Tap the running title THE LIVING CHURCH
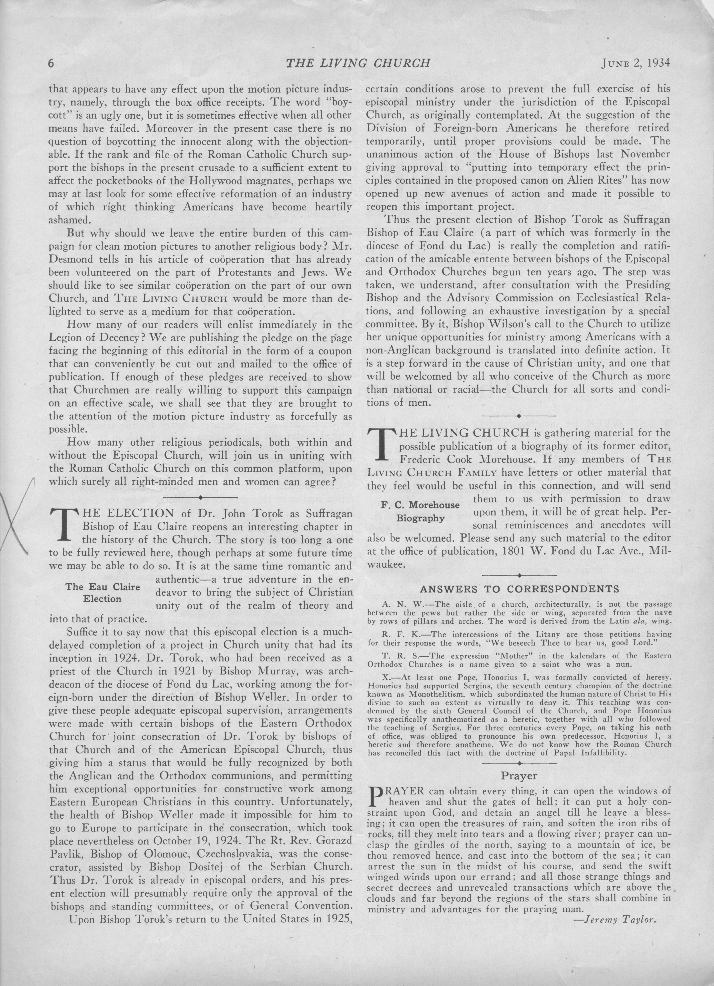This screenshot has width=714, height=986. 358,64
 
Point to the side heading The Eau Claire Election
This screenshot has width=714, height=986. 103,593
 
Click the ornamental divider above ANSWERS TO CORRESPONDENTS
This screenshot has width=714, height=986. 519,575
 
